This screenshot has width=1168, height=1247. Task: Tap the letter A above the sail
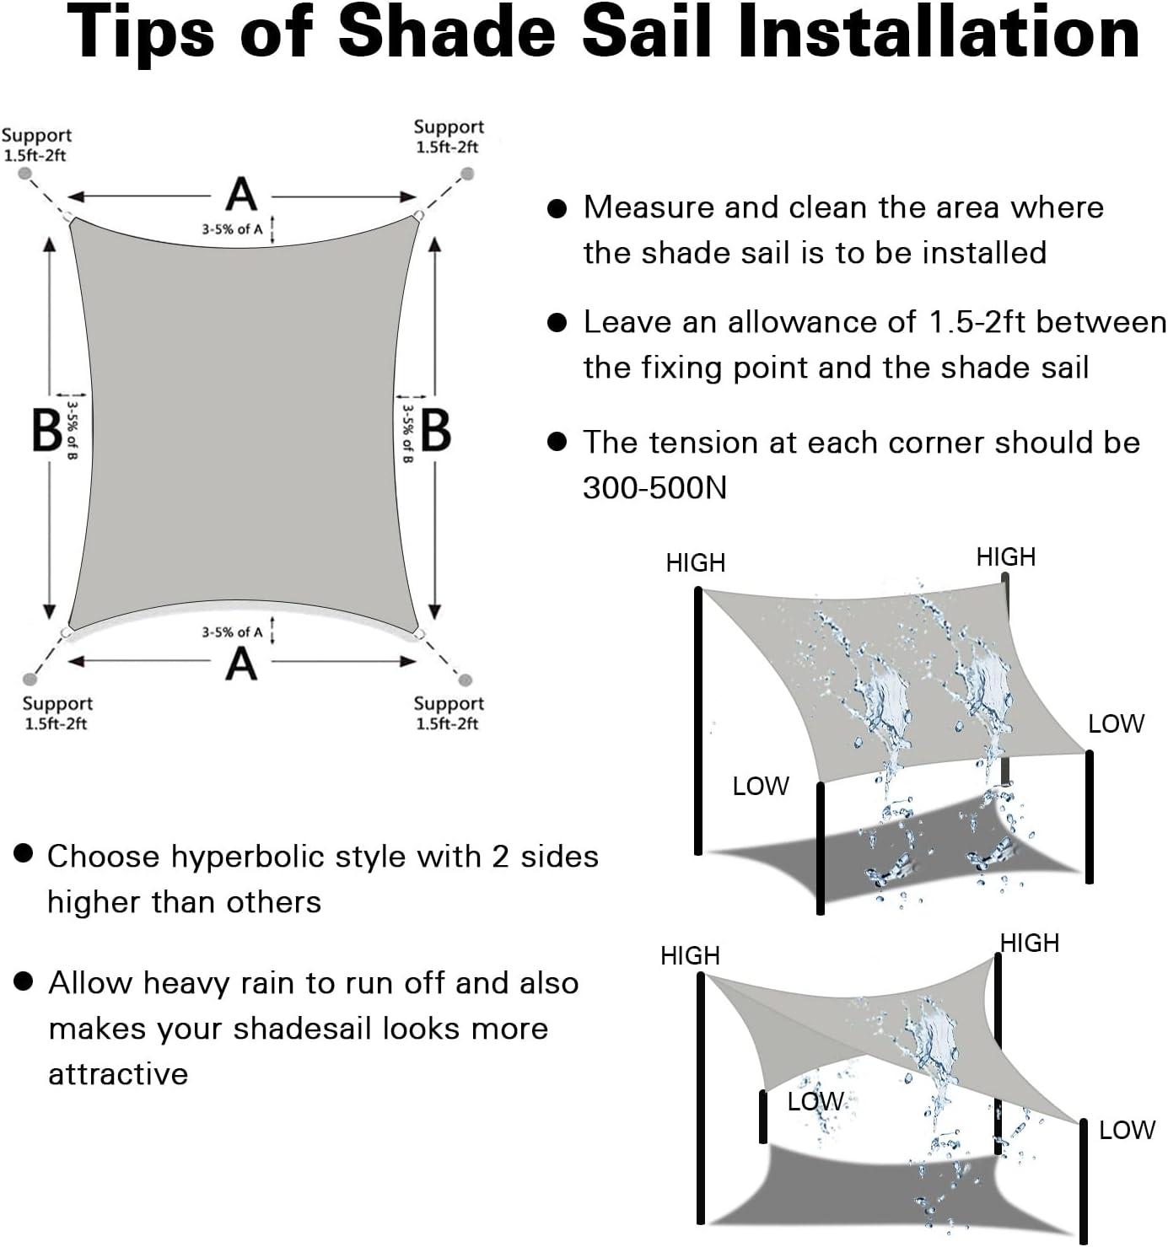pyautogui.click(x=241, y=195)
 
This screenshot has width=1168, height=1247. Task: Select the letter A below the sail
pyautogui.click(x=241, y=664)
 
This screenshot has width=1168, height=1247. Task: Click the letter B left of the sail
pyautogui.click(x=47, y=431)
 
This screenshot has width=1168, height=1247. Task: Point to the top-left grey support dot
pyautogui.click(x=25, y=174)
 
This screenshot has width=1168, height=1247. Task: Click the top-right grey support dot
pyautogui.click(x=466, y=174)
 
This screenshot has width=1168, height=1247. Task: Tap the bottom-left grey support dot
pyautogui.click(x=30, y=680)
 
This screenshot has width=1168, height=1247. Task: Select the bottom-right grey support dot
pyautogui.click(x=465, y=680)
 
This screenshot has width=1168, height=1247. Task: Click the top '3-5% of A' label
pyautogui.click(x=232, y=230)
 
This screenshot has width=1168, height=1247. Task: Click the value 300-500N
pyautogui.click(x=654, y=488)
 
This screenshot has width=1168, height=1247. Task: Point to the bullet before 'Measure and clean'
pyautogui.click(x=557, y=209)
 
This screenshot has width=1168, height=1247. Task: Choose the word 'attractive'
pyautogui.click(x=118, y=1074)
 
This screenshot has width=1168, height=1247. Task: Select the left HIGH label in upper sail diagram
pyautogui.click(x=696, y=563)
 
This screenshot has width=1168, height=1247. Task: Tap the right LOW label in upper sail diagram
pyautogui.click(x=1116, y=724)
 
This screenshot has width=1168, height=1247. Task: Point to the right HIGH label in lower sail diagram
pyautogui.click(x=1029, y=943)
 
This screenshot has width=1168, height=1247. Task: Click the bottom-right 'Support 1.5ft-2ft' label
pyautogui.click(x=448, y=713)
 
